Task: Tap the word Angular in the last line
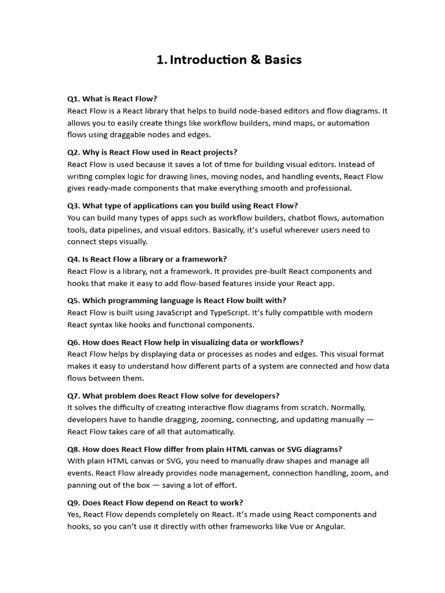coord(329,526)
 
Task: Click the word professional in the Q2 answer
coord(322,188)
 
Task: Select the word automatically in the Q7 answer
coord(207,431)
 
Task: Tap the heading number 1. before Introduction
coord(161,60)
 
